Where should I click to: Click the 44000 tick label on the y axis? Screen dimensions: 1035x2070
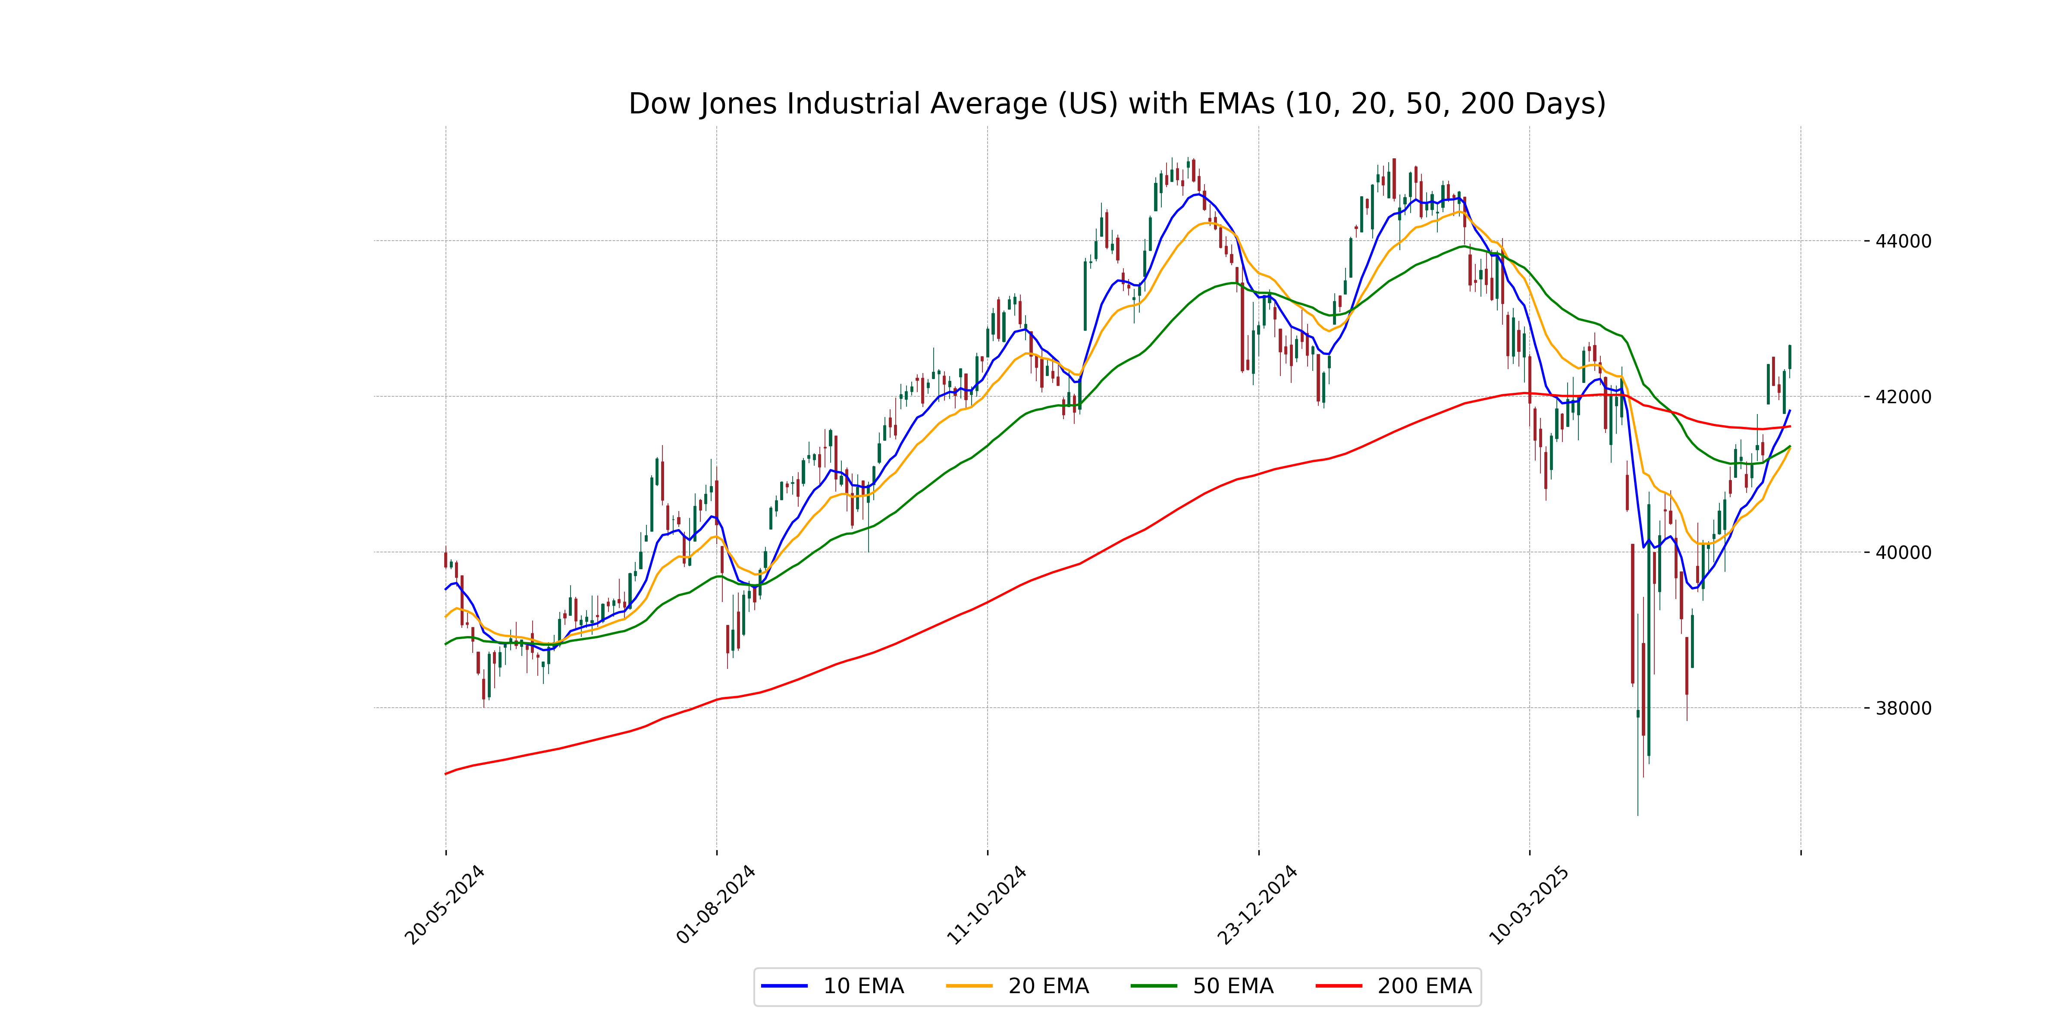(x=1903, y=241)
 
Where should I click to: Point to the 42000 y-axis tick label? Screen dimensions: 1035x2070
(x=1903, y=397)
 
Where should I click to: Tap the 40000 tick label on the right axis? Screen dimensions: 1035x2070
(x=1903, y=553)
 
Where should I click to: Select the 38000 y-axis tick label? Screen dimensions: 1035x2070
(x=1903, y=709)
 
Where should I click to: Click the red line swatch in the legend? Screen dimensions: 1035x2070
(x=1339, y=986)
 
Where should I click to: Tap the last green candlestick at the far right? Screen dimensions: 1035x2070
(x=1790, y=357)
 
